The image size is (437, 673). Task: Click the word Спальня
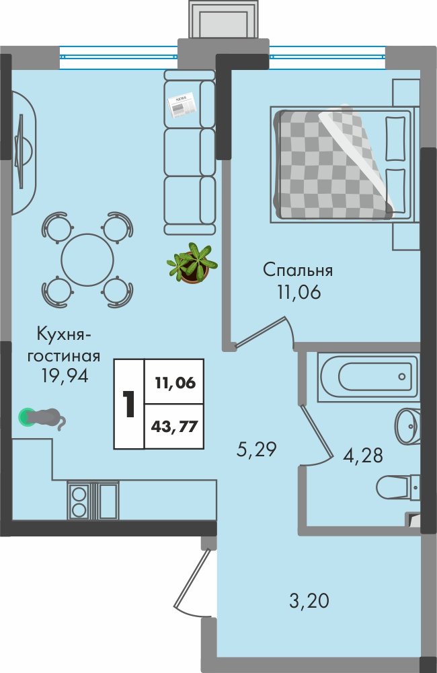[298, 271]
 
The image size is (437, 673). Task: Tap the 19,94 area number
[65, 376]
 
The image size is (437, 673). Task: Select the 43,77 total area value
[174, 427]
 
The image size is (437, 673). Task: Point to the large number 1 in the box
[128, 404]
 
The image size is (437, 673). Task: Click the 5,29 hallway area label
[257, 450]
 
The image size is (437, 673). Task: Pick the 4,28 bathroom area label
[363, 456]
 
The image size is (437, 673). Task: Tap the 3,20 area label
[309, 600]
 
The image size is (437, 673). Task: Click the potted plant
[192, 263]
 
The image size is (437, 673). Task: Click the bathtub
[368, 378]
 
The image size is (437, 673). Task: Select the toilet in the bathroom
[397, 487]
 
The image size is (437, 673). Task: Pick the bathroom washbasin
[407, 426]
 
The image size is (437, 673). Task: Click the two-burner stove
[79, 500]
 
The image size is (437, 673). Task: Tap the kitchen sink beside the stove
[107, 500]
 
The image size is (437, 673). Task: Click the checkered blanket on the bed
[333, 164]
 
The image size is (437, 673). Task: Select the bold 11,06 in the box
[175, 382]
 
